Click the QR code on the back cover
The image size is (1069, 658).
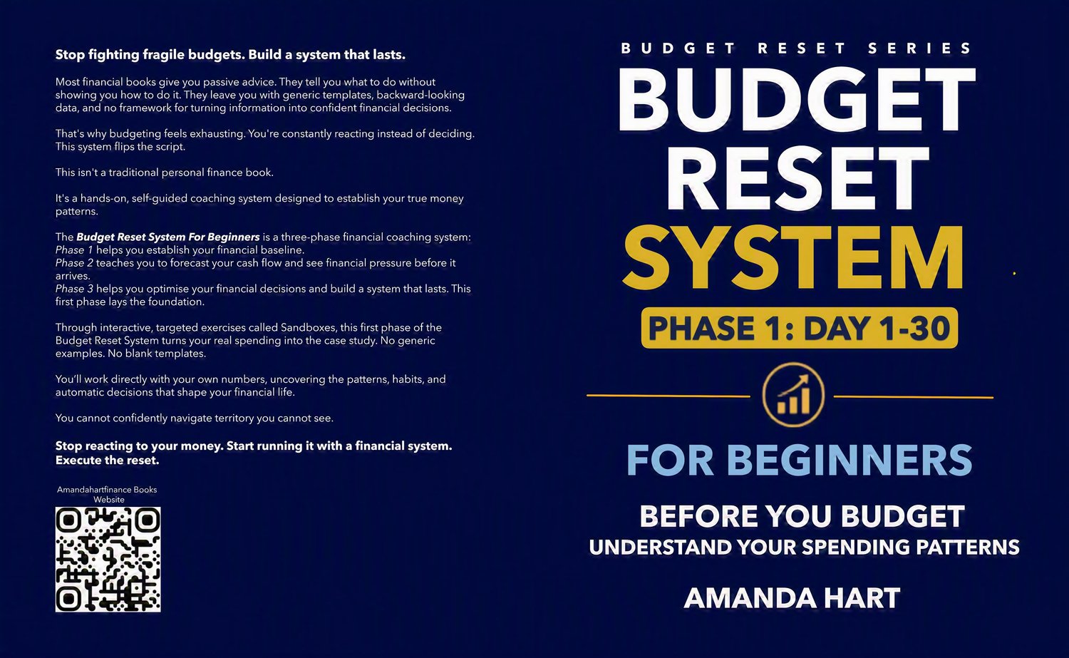pyautogui.click(x=108, y=559)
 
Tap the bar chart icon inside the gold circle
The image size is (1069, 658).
pyautogui.click(x=793, y=395)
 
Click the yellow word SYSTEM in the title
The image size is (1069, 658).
pyautogui.click(x=793, y=257)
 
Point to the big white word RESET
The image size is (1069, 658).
pyautogui.click(x=797, y=178)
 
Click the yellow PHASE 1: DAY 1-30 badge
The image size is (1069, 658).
pyautogui.click(x=800, y=327)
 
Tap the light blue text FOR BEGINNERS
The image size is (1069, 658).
pyautogui.click(x=800, y=460)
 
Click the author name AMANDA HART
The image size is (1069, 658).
pyautogui.click(x=792, y=598)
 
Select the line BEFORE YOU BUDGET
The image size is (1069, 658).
pyautogui.click(x=802, y=516)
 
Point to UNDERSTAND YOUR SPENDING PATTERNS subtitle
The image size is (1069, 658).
pyautogui.click(x=804, y=548)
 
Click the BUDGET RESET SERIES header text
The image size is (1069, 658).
pyautogui.click(x=796, y=48)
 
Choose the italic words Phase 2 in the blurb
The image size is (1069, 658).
pyautogui.click(x=74, y=263)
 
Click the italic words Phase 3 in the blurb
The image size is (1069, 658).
pyautogui.click(x=74, y=289)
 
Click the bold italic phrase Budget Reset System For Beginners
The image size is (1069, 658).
pyautogui.click(x=168, y=237)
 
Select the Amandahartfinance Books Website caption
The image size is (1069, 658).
pyautogui.click(x=108, y=495)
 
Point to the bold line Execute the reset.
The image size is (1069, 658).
pyautogui.click(x=108, y=461)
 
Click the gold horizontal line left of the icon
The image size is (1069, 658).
pyautogui.click(x=668, y=396)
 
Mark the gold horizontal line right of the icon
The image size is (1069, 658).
pyautogui.click(x=914, y=397)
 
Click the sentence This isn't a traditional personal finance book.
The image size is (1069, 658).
pyautogui.click(x=165, y=173)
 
